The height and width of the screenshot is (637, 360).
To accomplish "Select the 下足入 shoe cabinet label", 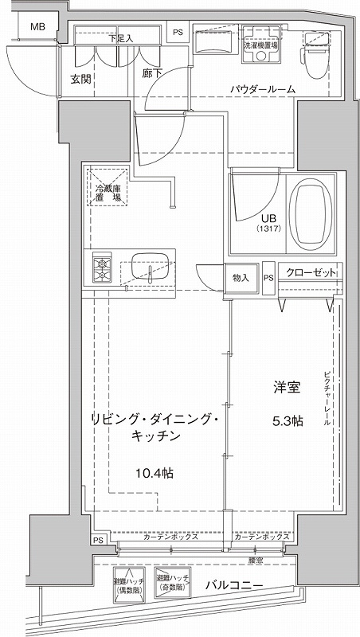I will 120,37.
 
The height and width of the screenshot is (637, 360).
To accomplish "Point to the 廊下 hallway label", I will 151,73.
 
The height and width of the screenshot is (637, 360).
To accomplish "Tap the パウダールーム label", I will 264,90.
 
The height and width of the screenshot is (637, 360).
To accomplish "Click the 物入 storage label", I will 241,277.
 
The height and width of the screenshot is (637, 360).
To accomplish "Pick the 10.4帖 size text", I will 154,473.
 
